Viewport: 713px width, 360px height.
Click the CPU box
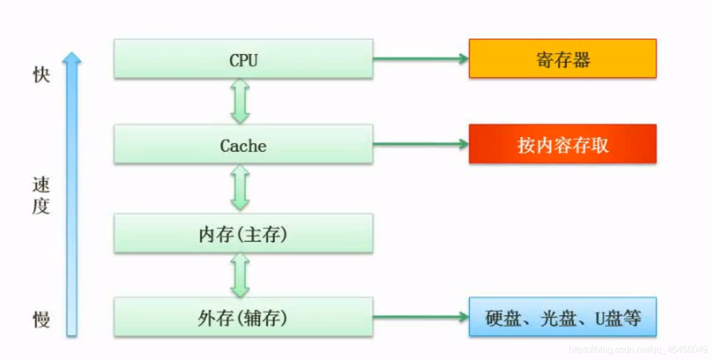click(243, 59)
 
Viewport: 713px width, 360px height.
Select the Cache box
click(243, 145)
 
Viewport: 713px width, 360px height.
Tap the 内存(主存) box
click(243, 234)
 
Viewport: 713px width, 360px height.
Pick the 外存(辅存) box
click(243, 317)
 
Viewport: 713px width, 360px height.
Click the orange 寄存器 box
click(562, 59)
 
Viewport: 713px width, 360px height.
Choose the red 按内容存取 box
click(562, 144)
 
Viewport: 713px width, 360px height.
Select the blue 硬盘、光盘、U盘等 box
click(562, 317)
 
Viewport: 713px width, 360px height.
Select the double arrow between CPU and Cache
click(240, 101)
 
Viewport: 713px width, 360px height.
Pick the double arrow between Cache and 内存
click(240, 188)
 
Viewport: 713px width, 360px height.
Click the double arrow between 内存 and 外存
click(240, 275)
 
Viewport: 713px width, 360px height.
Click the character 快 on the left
click(41, 75)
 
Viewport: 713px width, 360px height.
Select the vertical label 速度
click(41, 195)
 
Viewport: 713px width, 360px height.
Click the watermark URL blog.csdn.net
click(638, 349)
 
